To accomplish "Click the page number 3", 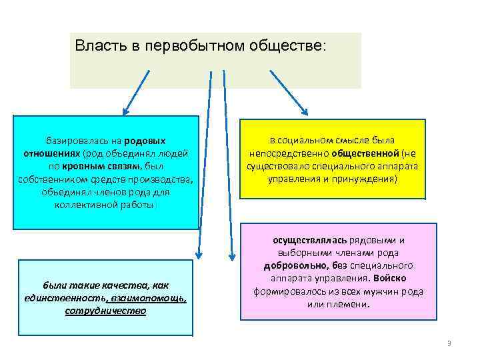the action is coord(449,343).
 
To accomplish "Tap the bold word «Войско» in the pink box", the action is coord(390,278).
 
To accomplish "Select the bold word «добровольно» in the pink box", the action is coord(294,265).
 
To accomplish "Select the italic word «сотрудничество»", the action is coord(105,311).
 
